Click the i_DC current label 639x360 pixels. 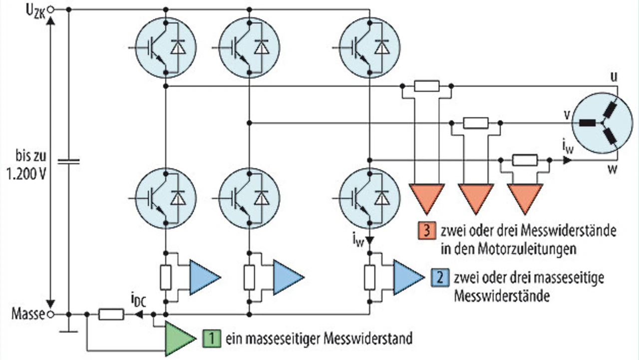[139, 302]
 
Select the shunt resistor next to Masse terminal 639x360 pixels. [111, 315]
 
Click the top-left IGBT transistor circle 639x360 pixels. [165, 48]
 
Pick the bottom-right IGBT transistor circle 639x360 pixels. [369, 198]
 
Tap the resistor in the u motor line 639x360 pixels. [427, 86]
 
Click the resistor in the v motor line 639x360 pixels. [475, 123]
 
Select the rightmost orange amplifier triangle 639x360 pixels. [525, 197]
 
